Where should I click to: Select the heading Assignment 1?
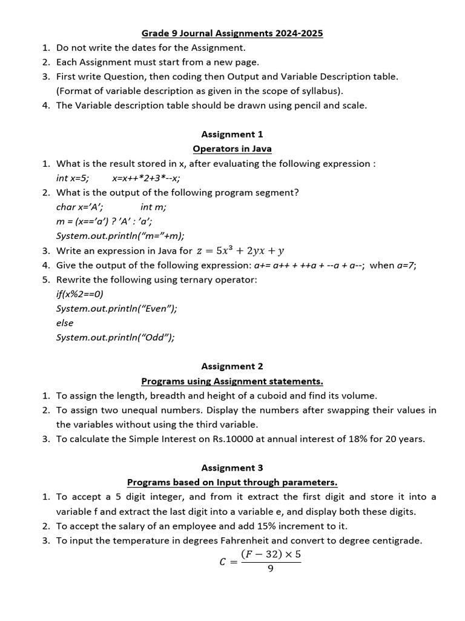(x=232, y=134)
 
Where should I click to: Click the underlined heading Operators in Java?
(x=232, y=149)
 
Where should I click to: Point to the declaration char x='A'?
(x=79, y=207)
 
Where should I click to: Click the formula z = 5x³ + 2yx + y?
(x=240, y=250)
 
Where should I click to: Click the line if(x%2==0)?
(x=79, y=294)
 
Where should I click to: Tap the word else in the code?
(x=65, y=323)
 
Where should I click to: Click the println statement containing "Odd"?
(x=115, y=338)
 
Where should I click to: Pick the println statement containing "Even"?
(x=116, y=309)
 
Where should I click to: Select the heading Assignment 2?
(x=232, y=366)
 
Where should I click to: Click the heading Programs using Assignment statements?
(x=232, y=381)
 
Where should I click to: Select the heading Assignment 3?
(x=232, y=468)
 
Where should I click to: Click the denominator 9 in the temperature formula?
(x=270, y=568)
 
